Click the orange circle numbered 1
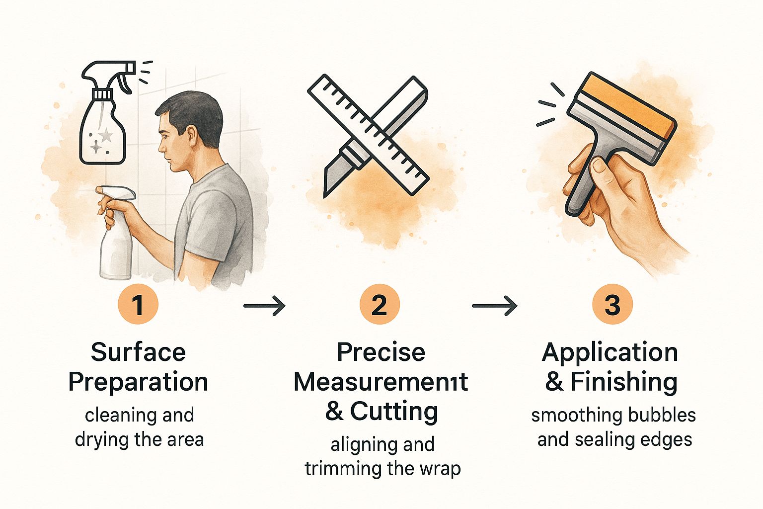[138, 304]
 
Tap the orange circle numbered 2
[380, 304]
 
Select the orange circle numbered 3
[612, 304]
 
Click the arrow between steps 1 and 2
[264, 306]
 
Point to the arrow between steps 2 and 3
[495, 306]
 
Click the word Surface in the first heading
[138, 352]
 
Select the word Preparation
[138, 382]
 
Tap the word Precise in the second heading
[381, 352]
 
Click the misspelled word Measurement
[381, 382]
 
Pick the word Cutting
[394, 412]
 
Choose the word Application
[610, 353]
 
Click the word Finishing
[624, 382]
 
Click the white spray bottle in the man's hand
[115, 235]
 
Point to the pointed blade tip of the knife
[325, 196]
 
